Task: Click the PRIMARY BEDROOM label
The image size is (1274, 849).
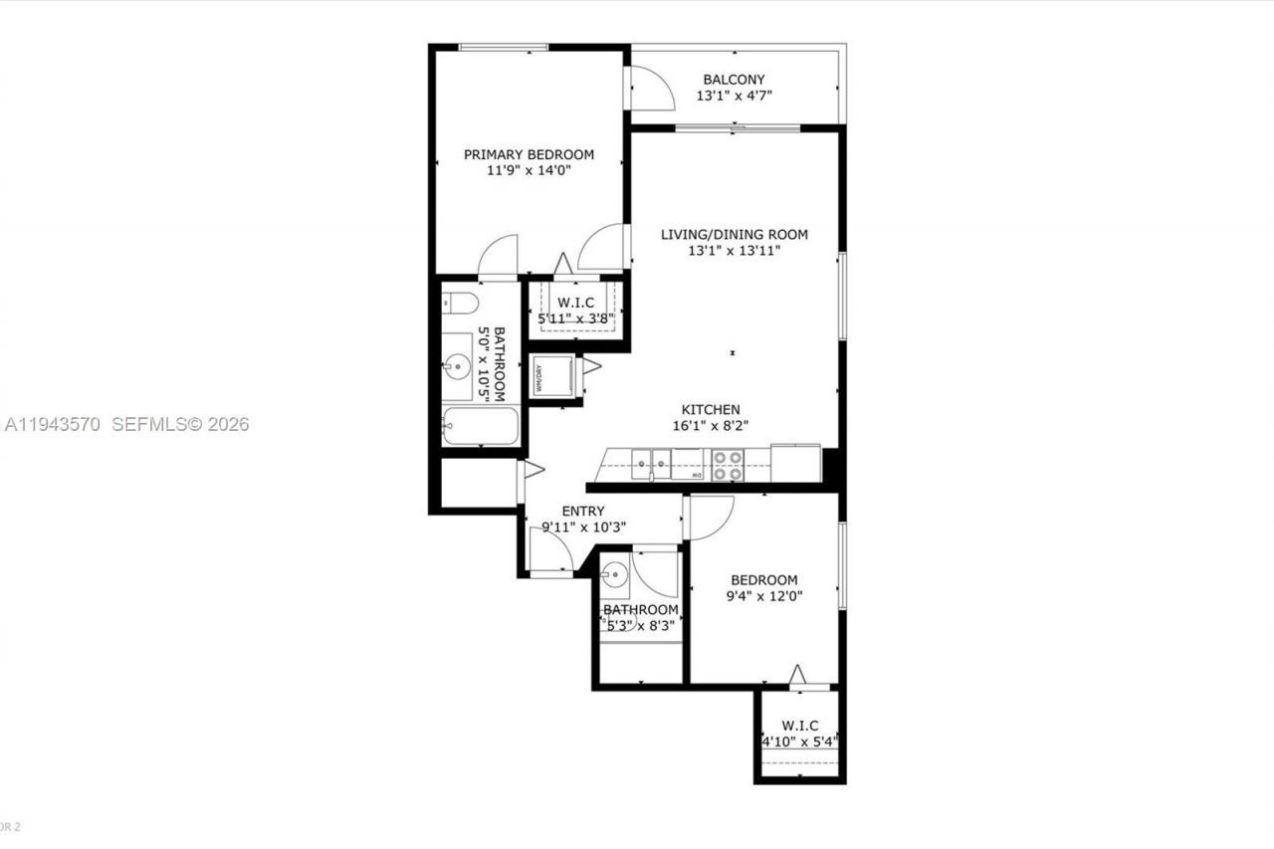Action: tap(529, 154)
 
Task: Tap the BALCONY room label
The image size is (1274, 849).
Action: tap(734, 80)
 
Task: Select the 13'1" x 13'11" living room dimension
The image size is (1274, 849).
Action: tap(735, 251)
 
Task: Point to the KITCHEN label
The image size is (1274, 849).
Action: tap(710, 409)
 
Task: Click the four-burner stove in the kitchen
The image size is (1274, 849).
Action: tap(728, 465)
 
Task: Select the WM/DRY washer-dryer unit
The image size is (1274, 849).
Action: tap(552, 376)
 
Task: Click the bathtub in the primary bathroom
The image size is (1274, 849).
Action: tap(481, 426)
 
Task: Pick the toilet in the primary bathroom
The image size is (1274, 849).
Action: tap(461, 303)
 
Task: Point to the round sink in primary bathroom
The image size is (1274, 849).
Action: tap(458, 367)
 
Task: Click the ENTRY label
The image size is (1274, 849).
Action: tap(582, 512)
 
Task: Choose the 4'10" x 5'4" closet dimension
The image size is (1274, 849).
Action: tap(799, 742)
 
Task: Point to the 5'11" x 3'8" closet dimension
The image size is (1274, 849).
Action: tap(577, 319)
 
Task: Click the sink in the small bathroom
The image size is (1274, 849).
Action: tap(615, 573)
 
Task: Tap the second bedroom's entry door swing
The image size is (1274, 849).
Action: tap(711, 517)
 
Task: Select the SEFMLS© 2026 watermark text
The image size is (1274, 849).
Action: tap(180, 425)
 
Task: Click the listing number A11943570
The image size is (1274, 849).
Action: tap(54, 425)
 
